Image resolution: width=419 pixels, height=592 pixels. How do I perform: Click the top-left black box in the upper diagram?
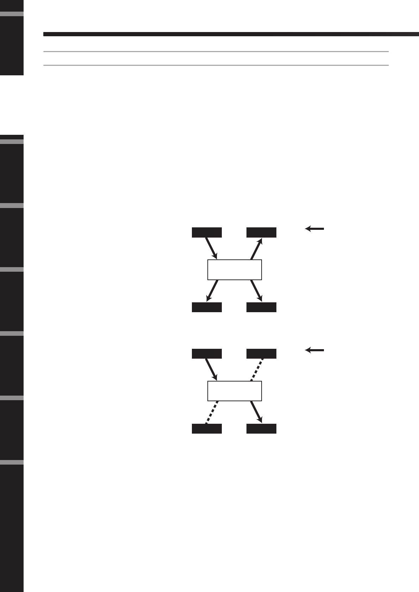point(207,233)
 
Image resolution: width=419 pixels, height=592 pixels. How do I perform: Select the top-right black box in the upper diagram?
point(261,233)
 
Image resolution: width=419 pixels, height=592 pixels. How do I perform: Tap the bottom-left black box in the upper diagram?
point(207,307)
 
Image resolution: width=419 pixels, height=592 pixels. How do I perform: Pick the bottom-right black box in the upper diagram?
point(261,307)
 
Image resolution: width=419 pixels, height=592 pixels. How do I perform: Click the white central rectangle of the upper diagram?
point(234,270)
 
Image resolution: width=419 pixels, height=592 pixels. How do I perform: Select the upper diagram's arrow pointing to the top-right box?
point(256,249)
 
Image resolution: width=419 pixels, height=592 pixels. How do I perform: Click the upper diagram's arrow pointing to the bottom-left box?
point(212,291)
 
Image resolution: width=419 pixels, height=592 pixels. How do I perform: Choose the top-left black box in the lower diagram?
point(207,354)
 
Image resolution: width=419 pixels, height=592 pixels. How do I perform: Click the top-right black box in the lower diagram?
point(261,354)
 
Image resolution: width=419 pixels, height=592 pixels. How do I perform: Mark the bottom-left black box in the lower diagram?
point(207,429)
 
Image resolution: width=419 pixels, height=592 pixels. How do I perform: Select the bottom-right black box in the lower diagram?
point(261,429)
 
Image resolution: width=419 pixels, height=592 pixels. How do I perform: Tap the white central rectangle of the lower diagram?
point(234,391)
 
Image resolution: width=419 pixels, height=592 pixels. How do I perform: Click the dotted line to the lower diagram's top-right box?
point(257,370)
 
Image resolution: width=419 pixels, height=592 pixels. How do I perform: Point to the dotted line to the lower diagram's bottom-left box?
point(212,412)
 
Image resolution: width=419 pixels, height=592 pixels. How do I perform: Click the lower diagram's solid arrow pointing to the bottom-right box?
point(257,412)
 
